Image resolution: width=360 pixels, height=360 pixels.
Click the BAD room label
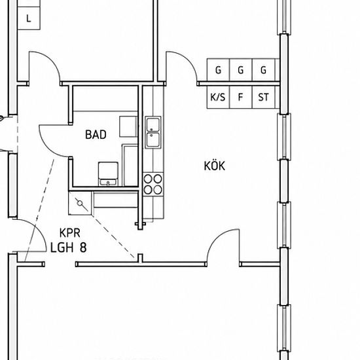(x=96, y=135)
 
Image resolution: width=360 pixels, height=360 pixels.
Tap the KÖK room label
(x=215, y=166)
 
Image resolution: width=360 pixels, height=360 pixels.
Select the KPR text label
(x=70, y=233)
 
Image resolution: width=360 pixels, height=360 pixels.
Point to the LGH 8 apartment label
(x=69, y=247)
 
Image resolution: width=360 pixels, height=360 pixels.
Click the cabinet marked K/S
(x=218, y=97)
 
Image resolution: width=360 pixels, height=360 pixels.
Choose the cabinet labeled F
(x=241, y=97)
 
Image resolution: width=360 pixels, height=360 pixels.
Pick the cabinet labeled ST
(x=263, y=97)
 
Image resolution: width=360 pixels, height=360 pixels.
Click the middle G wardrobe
(x=241, y=70)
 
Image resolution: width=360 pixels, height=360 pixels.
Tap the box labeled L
(x=29, y=18)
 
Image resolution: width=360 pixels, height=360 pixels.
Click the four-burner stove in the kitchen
(x=153, y=184)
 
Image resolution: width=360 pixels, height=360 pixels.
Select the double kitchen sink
(x=153, y=132)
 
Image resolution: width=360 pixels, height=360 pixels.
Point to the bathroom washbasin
(x=108, y=174)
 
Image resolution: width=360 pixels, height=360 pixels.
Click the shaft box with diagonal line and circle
(x=80, y=204)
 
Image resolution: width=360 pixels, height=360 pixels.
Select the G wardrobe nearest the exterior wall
(x=263, y=70)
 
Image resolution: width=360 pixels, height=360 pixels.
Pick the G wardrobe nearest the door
(x=218, y=70)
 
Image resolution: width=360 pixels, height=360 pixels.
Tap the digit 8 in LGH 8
(x=83, y=247)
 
